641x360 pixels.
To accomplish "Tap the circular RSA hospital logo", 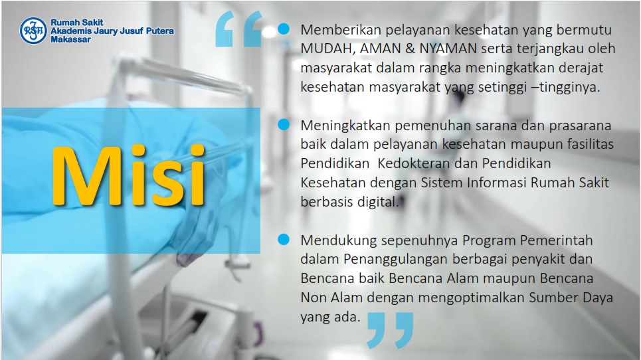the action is [33, 31].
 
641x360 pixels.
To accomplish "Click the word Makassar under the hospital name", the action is [70, 40].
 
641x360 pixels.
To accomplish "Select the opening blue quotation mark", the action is [238, 29].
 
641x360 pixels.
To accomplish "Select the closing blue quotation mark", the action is [390, 330].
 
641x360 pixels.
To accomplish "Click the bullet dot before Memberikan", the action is [283, 29].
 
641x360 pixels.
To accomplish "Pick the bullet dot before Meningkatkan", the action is [283, 124].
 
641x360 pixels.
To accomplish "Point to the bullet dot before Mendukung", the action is [283, 239].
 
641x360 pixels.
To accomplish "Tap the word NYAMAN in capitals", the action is [448, 48].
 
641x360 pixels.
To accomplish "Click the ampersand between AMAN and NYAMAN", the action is [410, 48].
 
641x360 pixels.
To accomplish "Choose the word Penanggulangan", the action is [396, 260].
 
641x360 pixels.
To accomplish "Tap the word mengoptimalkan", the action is [471, 298].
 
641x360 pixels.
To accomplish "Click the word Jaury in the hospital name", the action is [106, 31].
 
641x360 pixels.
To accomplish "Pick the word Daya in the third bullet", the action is [597, 298].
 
